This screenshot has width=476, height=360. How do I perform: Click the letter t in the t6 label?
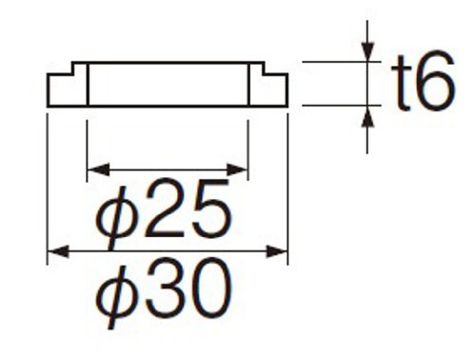tap(401, 83)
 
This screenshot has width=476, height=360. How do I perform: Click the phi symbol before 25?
tap(117, 215)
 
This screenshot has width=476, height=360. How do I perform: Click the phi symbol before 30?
tap(117, 296)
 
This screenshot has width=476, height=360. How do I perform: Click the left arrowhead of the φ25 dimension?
tap(98, 170)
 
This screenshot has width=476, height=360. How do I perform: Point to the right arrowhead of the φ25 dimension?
tap(237, 170)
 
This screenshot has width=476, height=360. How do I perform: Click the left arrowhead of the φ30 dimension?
tap(58, 251)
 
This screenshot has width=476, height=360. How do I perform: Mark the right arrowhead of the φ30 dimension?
tap(277, 251)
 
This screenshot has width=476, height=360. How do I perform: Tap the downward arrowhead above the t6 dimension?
tap(367, 50)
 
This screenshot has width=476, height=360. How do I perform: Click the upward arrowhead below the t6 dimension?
tap(367, 116)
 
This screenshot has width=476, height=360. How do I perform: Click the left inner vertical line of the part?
tap(88, 85)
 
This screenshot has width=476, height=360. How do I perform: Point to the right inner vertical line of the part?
tap(248, 85)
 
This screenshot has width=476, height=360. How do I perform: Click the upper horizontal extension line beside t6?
tap(342, 62)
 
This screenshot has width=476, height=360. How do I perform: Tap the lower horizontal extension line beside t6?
tap(342, 105)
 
